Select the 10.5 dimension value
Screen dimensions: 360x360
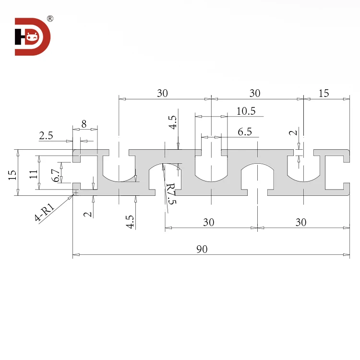(x=246, y=111)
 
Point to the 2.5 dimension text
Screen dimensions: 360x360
(x=46, y=136)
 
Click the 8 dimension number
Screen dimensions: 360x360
(x=84, y=124)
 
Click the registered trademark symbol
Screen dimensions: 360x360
(x=50, y=19)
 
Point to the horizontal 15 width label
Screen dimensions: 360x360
(x=324, y=94)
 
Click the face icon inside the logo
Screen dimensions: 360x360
(x=32, y=36)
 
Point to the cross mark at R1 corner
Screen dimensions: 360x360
(x=75, y=192)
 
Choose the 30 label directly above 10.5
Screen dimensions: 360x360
(x=255, y=94)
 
